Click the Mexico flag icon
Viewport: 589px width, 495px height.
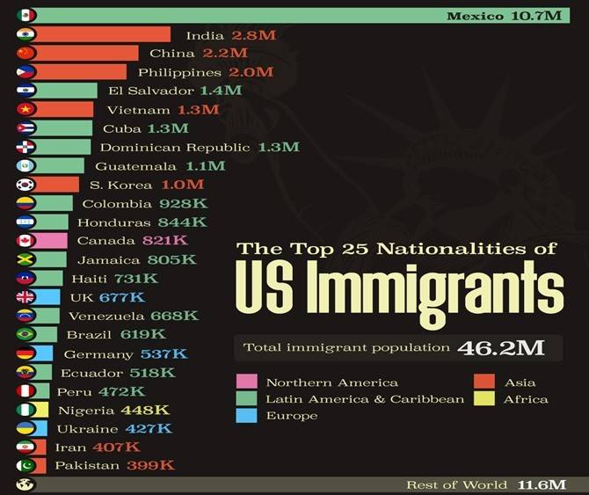(x=26, y=15)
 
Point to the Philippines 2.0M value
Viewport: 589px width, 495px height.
(x=251, y=72)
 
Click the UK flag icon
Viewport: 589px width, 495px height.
(x=26, y=296)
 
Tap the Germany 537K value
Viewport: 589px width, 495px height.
(x=164, y=353)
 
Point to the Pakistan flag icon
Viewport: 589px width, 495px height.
(x=26, y=465)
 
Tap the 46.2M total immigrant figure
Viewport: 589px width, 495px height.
(x=499, y=347)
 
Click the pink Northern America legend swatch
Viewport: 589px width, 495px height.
(x=246, y=382)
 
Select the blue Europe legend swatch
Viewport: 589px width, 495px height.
(x=246, y=415)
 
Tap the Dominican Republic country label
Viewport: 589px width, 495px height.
(x=175, y=147)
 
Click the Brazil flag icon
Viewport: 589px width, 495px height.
(x=26, y=334)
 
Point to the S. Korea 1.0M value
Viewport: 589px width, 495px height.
(x=182, y=185)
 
